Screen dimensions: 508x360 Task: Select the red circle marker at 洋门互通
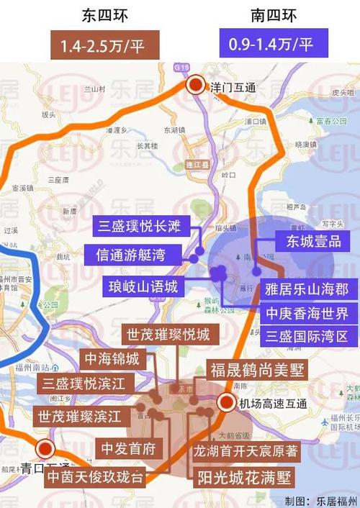tap(196, 86)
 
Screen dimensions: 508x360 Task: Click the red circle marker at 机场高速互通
tap(225, 403)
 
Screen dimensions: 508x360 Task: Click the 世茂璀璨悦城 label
tap(168, 335)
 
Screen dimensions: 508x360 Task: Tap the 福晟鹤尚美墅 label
tap(253, 370)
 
